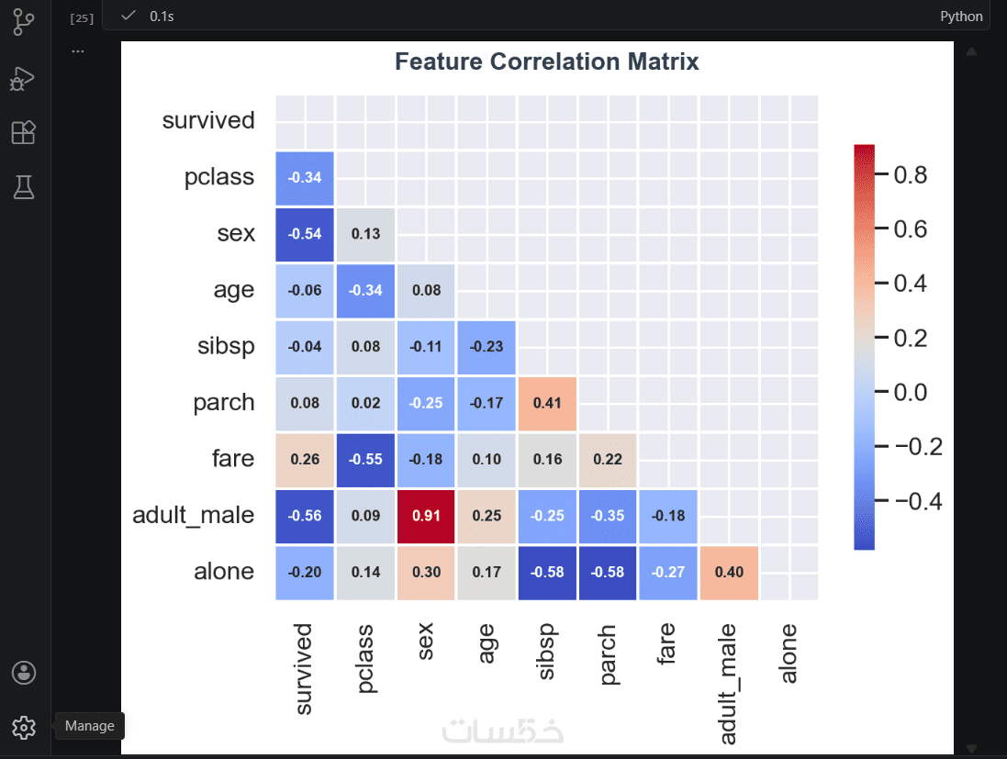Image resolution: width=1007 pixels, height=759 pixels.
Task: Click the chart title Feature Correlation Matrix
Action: click(546, 61)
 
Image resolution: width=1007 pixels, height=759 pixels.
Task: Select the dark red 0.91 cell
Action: click(426, 516)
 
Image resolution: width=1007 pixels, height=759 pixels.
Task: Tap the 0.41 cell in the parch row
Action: click(546, 403)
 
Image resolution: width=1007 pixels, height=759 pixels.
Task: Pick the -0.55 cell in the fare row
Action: click(365, 459)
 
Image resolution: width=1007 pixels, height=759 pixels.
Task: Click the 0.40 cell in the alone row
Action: click(729, 572)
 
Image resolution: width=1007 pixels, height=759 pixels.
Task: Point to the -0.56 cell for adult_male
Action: click(305, 516)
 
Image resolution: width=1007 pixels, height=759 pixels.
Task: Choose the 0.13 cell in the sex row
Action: click(365, 233)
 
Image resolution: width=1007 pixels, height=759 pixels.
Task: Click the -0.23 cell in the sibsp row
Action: click(486, 347)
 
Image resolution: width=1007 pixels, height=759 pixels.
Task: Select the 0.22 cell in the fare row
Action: click(607, 459)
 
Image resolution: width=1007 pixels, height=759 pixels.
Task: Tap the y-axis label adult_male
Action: click(193, 515)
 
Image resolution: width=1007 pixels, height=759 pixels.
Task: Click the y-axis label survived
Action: click(208, 120)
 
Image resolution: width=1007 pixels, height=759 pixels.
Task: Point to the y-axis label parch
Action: click(223, 402)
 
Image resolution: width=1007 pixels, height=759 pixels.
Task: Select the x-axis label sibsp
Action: click(546, 653)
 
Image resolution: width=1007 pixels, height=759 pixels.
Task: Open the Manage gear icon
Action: click(24, 728)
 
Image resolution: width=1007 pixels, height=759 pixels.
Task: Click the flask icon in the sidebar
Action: click(24, 187)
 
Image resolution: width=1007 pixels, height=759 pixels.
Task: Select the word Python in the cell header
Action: click(961, 17)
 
